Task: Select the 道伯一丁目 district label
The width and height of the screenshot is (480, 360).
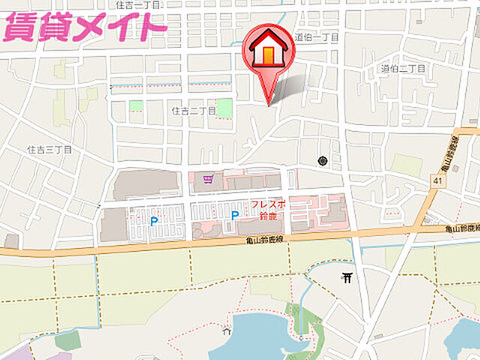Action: click(316, 37)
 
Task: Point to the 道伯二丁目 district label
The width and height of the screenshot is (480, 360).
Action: click(402, 69)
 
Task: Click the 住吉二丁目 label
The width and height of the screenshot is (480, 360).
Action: click(193, 110)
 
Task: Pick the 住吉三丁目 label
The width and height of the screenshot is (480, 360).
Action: click(49, 150)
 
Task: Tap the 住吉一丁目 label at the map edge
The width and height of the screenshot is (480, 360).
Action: click(139, 4)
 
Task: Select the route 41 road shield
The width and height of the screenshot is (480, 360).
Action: click(436, 181)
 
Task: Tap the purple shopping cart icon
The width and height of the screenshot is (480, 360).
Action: click(208, 178)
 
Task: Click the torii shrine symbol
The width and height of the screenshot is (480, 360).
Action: click(347, 278)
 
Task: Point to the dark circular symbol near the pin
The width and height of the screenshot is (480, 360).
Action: click(322, 160)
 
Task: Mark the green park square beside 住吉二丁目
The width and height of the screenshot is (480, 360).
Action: click(224, 106)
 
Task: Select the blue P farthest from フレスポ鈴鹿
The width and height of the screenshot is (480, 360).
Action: click(154, 221)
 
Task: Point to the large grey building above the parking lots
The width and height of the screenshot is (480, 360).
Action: click(146, 184)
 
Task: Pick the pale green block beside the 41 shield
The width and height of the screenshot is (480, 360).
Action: click(407, 166)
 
